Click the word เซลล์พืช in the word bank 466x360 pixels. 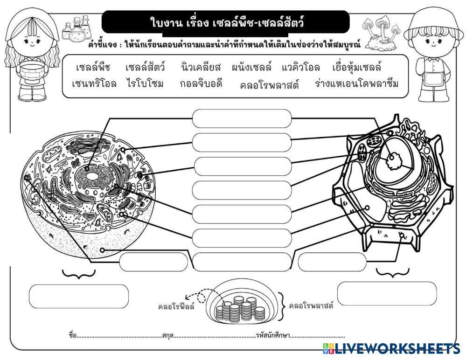(92, 68)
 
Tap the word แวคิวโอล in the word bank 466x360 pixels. (301, 68)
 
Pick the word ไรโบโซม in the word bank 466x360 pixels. (145, 84)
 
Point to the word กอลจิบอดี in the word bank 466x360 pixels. (201, 84)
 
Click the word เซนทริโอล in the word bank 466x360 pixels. (94, 84)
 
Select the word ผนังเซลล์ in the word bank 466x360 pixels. (251, 68)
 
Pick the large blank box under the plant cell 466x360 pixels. (387, 293)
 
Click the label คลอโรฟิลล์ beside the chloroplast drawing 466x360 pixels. (176, 307)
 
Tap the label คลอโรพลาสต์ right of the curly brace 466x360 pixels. (311, 306)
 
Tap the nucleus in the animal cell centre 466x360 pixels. (93, 177)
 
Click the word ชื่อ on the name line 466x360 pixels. (72, 335)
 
